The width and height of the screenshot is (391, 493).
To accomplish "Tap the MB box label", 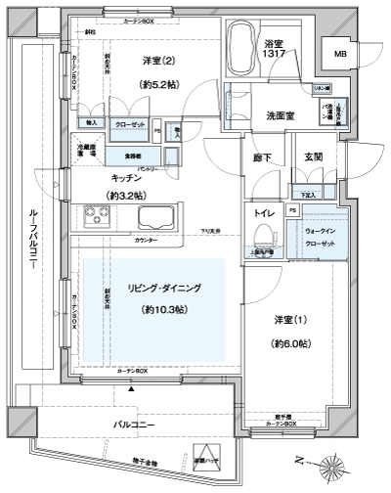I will point(339,54).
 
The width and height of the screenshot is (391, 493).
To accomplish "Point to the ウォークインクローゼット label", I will point(319,236).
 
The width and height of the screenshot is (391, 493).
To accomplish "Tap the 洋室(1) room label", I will point(289,319).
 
